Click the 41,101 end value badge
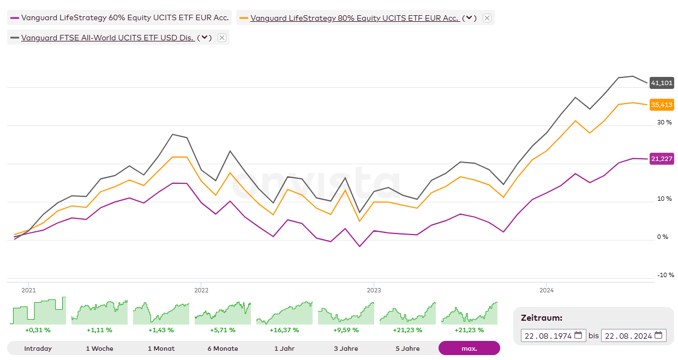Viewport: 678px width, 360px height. coord(662,83)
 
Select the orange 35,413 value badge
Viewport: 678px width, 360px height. coord(662,105)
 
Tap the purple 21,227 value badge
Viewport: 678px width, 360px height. coord(662,159)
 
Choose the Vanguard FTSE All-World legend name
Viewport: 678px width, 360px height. coord(107,38)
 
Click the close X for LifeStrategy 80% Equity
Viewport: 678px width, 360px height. coord(487,18)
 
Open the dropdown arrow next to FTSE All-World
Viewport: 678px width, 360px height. coord(205,38)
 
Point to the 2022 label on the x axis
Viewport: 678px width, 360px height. coord(201,290)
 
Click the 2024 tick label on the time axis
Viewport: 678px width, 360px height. coord(547,290)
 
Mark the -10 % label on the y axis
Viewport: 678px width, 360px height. coord(665,275)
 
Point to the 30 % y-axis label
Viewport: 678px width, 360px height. coord(664,122)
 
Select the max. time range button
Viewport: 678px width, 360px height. coord(469,349)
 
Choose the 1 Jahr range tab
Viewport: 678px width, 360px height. coord(284,349)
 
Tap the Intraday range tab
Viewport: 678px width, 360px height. coord(38,349)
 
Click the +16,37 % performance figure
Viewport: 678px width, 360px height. coord(284,330)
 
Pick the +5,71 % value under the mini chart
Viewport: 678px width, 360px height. coord(223,330)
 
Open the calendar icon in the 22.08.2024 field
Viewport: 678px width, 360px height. coord(659,335)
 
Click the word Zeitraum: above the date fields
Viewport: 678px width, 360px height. coord(541,318)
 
